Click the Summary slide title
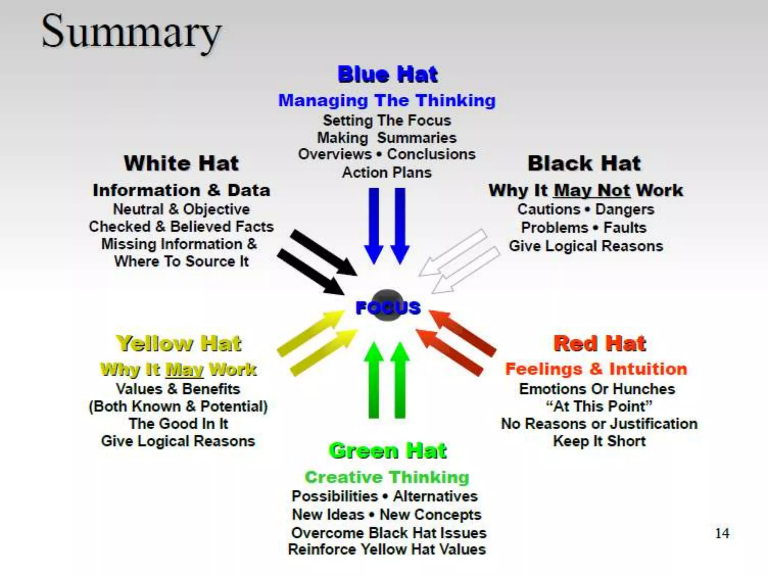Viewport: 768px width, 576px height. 131,32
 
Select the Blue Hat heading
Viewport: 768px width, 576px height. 387,74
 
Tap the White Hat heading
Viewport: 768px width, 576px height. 181,163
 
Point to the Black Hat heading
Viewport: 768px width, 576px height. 584,163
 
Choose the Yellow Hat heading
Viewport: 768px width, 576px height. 179,343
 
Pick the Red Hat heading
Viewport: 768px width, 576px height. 600,343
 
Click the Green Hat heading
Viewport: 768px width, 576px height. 388,450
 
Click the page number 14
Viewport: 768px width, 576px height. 722,533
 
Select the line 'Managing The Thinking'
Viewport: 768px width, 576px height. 387,100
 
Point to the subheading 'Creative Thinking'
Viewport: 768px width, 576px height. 387,477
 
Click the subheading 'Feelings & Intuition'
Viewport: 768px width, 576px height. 596,369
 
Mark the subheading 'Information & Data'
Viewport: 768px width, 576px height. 181,190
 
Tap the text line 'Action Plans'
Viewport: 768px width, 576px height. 387,172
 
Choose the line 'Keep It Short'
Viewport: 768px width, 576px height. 599,441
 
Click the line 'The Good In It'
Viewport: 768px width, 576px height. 178,424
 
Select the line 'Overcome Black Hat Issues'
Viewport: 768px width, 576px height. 388,533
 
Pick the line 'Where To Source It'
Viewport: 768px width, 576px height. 181,261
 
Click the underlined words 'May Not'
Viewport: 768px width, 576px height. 592,190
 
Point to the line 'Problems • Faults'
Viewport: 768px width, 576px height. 584,228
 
